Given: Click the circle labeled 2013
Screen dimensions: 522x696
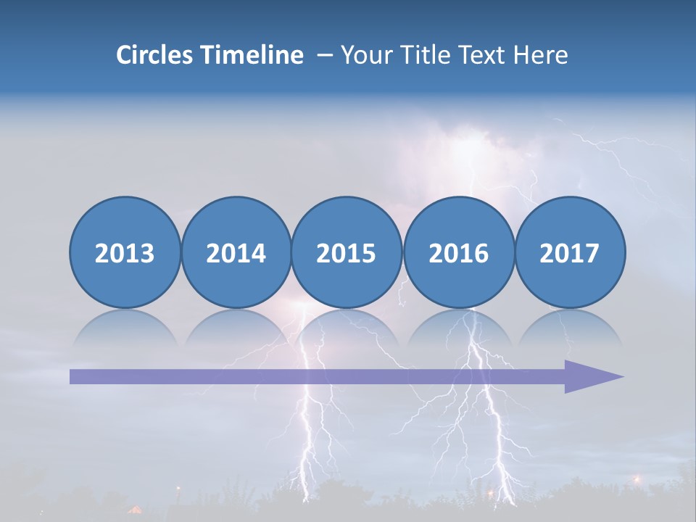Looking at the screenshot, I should click(125, 252).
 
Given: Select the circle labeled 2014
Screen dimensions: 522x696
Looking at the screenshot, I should click(236, 252).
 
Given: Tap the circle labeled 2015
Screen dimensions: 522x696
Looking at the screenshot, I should click(347, 252).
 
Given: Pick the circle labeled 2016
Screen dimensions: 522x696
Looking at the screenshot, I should click(458, 252).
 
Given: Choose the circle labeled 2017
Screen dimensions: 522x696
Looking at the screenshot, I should click(569, 252).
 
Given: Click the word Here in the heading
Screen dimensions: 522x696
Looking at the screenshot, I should click(541, 55).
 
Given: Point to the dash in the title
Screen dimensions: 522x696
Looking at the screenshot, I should click(325, 56).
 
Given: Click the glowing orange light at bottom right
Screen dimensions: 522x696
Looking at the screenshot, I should click(638, 479).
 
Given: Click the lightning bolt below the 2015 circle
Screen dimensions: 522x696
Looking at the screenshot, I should click(312, 420).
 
